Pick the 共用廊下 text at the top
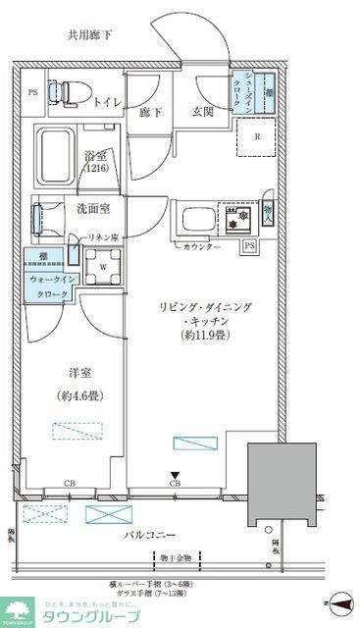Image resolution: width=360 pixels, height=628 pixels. click(x=89, y=35)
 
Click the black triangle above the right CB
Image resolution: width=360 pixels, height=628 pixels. click(x=176, y=473)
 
